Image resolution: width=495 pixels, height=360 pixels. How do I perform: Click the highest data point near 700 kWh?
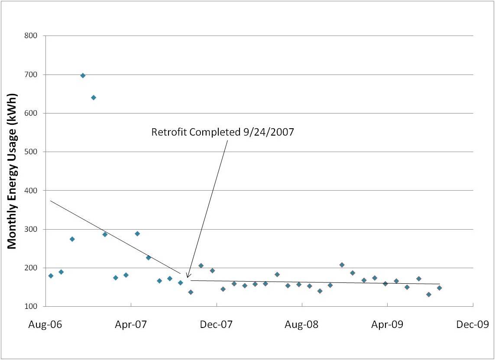click(x=83, y=75)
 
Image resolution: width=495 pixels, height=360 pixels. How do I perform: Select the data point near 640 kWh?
click(x=94, y=97)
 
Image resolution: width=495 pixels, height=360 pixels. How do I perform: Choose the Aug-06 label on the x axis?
click(x=45, y=324)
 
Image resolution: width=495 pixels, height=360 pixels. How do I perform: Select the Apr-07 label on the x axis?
click(x=131, y=324)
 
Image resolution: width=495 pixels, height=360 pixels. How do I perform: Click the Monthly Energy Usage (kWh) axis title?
click(x=12, y=171)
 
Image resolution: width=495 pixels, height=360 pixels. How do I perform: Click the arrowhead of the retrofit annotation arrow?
click(x=187, y=277)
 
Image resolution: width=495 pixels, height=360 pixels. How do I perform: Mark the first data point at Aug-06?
click(x=51, y=276)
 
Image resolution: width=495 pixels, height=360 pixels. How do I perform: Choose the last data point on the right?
click(x=439, y=288)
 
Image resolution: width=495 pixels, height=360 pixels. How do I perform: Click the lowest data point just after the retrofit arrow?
click(x=191, y=292)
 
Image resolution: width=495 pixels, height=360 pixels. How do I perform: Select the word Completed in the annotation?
click(x=212, y=132)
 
